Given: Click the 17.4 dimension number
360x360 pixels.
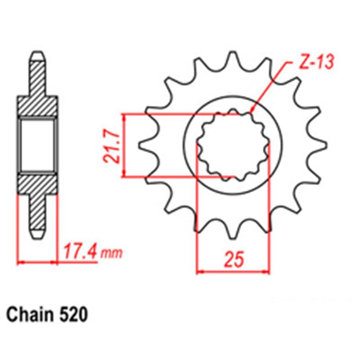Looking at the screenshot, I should (80, 251).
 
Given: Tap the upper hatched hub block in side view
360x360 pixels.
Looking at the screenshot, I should (37, 106).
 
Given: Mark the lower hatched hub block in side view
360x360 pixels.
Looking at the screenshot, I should (37, 184).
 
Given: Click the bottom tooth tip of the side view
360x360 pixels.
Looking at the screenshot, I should (37, 235).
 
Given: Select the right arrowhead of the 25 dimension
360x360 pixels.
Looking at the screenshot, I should (267, 272).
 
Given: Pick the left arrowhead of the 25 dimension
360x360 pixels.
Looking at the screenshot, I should (199, 272).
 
